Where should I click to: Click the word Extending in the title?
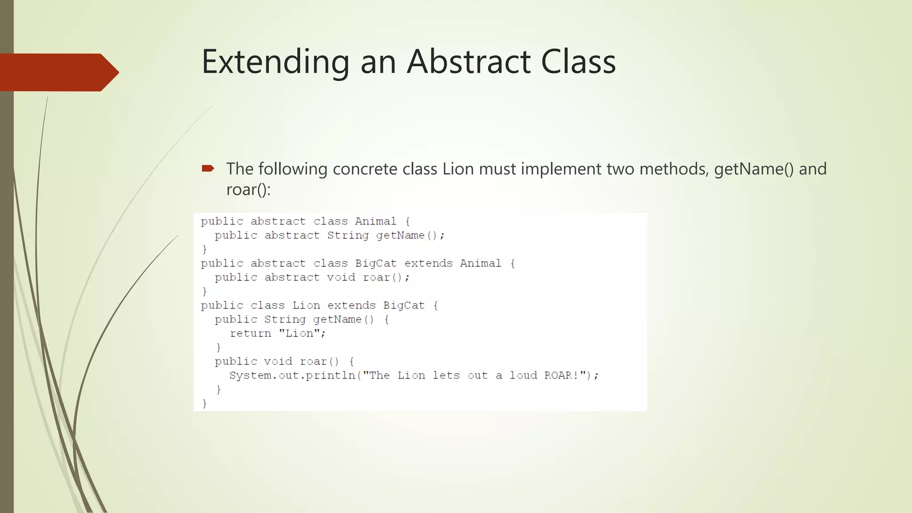coord(275,62)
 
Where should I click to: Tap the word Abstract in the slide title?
coord(468,62)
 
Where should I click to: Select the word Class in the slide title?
coord(578,62)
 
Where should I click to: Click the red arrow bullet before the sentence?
coord(208,168)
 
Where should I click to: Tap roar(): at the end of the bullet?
coord(248,190)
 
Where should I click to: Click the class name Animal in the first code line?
coord(375,221)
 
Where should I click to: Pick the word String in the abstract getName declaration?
coord(348,235)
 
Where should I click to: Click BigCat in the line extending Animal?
coord(375,263)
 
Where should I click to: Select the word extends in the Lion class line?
coord(351,305)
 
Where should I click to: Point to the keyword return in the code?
coord(250,334)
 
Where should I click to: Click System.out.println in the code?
coord(292,375)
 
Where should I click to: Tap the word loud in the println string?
coord(523,375)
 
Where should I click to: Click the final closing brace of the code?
coord(204,403)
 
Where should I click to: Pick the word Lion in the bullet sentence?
coord(458,169)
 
